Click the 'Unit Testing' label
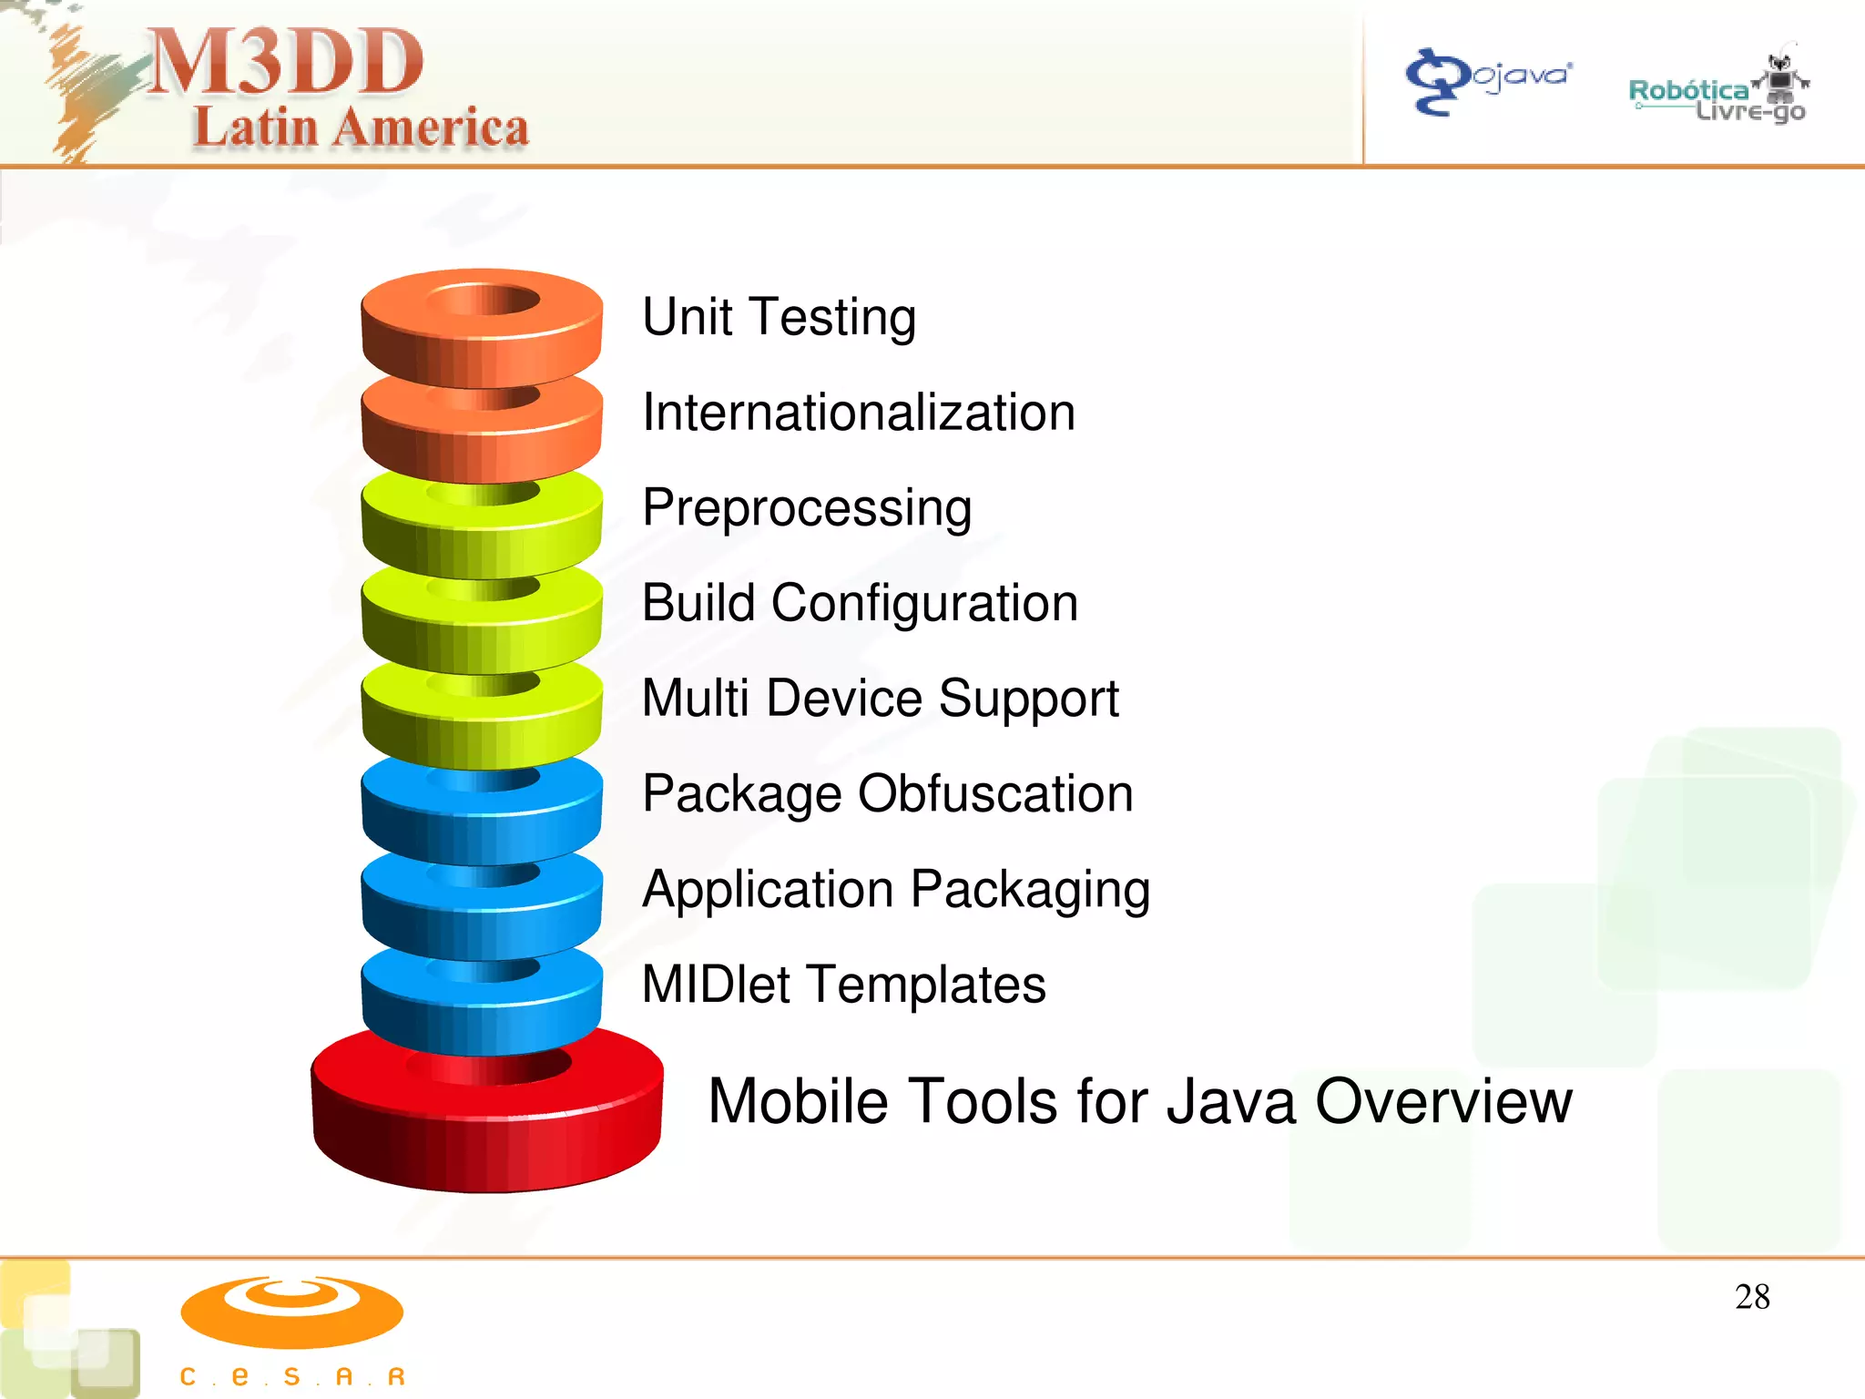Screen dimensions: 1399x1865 tap(779, 317)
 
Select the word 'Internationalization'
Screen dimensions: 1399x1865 tap(859, 413)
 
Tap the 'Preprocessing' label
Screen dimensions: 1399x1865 tap(807, 508)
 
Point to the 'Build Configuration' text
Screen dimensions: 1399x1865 tap(860, 603)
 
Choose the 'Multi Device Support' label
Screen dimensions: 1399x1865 tap(880, 699)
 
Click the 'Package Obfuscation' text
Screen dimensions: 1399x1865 tap(887, 794)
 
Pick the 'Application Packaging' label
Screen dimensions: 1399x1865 tap(896, 890)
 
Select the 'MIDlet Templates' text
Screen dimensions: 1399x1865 tap(843, 985)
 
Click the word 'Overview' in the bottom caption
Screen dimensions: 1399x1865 tap(1443, 1101)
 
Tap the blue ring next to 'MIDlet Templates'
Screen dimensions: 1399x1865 tap(482, 1002)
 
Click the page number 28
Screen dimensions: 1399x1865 tap(1752, 1297)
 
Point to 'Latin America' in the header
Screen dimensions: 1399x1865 tap(361, 128)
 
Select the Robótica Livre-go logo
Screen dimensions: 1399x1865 tap(1717, 91)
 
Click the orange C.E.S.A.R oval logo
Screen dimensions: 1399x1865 tap(291, 1312)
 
